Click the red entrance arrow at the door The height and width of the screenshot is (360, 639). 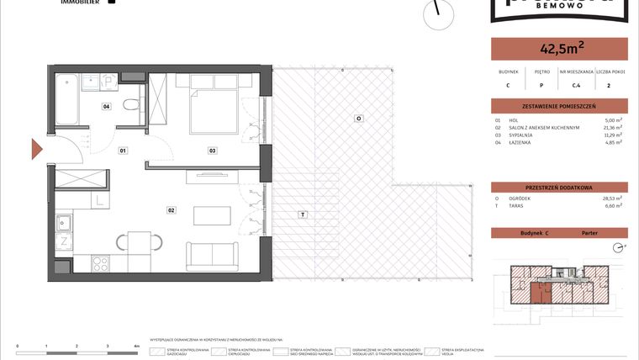coord(37,151)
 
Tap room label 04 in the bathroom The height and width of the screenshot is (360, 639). coord(107,107)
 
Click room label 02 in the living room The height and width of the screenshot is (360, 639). coord(171,209)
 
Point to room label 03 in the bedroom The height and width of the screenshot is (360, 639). coord(214,151)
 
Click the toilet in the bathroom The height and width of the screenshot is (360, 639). coord(130,108)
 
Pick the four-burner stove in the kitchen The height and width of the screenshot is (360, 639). coord(101,263)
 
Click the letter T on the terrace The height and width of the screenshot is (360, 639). coord(300,215)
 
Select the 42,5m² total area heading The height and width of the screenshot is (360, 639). coord(558,49)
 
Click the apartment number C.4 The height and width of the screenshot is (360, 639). coord(576,85)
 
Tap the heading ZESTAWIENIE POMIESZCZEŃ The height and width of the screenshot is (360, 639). coord(558,106)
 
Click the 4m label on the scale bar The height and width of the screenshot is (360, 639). coord(136,346)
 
